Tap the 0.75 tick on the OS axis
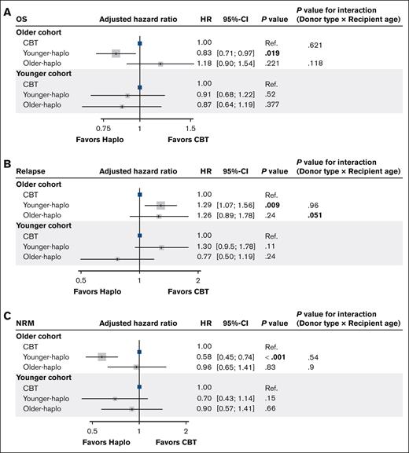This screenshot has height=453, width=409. (103, 127)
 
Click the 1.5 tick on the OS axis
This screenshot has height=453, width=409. (190, 127)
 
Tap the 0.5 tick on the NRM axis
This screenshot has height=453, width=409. (93, 430)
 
